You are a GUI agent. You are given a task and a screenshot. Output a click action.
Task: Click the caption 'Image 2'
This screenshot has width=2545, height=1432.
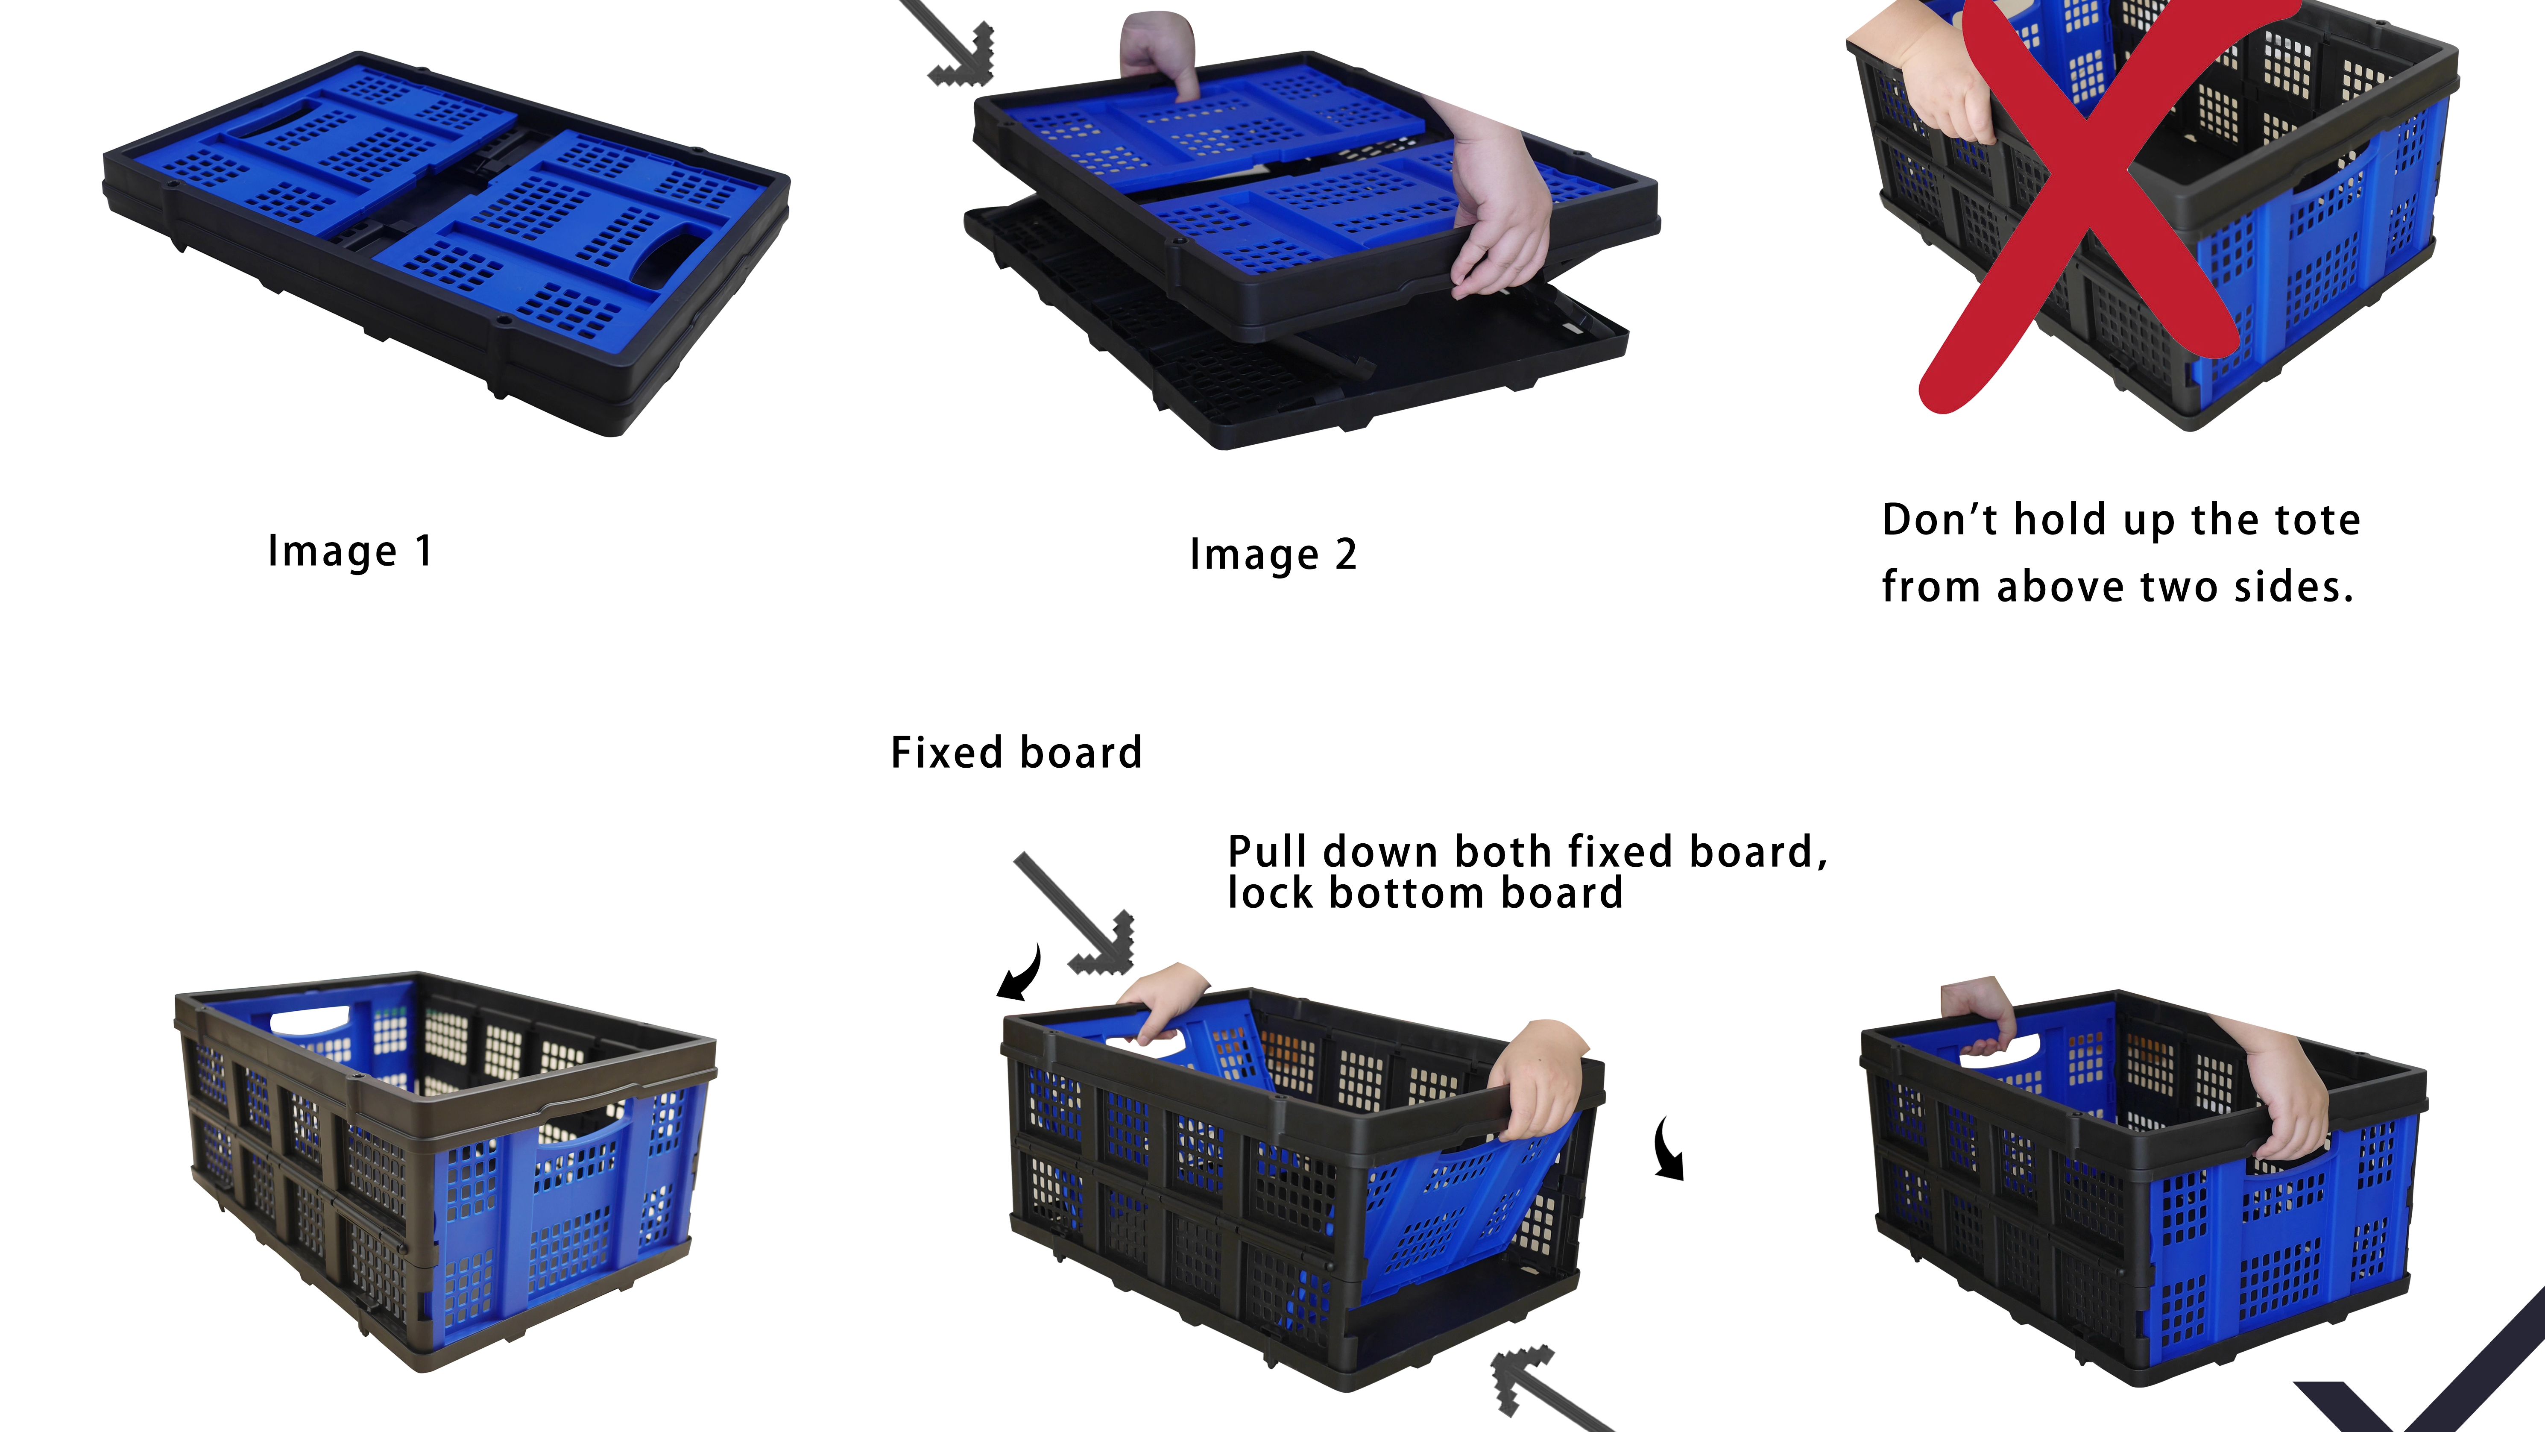(1274, 555)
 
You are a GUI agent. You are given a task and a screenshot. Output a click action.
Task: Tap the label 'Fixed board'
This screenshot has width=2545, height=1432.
(1016, 752)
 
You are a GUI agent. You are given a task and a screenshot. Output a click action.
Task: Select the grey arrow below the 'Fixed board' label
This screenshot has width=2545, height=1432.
(1074, 914)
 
